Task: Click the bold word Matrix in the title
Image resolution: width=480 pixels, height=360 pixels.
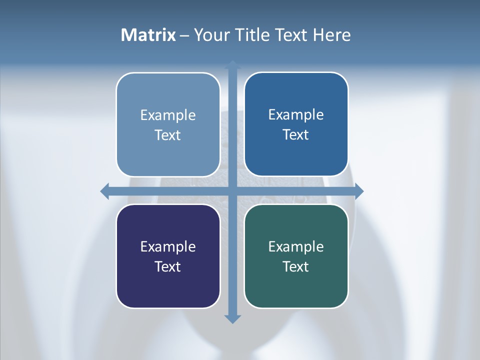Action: (148, 35)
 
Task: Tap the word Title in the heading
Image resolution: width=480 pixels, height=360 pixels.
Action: (253, 35)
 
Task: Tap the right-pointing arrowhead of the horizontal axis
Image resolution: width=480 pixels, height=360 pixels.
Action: (358, 191)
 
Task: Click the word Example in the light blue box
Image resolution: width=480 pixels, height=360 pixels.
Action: (168, 115)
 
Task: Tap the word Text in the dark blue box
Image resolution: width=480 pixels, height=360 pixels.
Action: (296, 135)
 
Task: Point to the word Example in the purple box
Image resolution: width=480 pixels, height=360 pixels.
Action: (168, 247)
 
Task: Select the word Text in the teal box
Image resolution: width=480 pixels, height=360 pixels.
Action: (296, 267)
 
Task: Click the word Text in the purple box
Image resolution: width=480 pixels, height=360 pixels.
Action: (168, 267)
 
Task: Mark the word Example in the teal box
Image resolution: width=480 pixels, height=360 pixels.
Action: (296, 247)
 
